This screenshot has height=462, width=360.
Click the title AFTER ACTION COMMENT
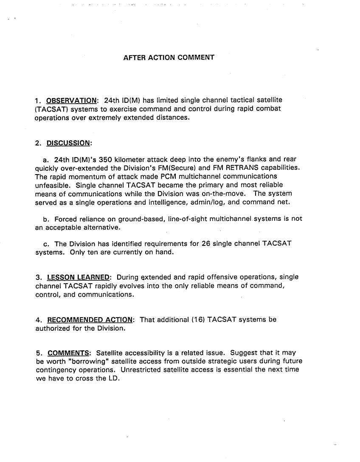pos(169,57)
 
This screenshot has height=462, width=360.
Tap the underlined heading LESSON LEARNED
pos(79,277)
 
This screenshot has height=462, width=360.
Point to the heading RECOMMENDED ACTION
pos(91,319)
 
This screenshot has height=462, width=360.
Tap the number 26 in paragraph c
pos(206,244)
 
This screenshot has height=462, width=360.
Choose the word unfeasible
pos(53,185)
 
